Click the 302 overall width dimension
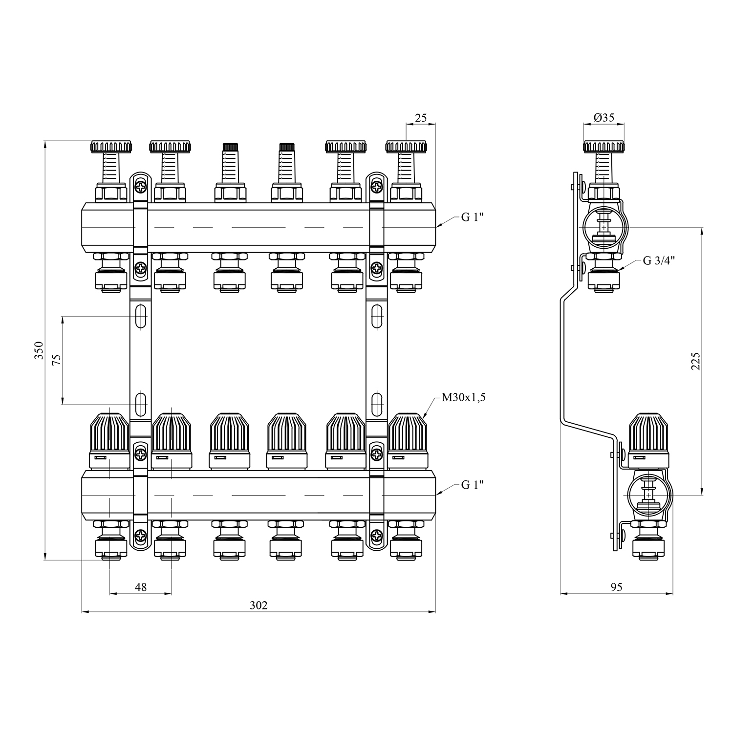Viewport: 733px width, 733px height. (259, 605)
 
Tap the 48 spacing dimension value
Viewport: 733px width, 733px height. (141, 587)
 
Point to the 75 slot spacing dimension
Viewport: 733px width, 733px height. (57, 360)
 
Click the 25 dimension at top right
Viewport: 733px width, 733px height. (421, 118)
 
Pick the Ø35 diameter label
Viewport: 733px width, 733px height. (604, 118)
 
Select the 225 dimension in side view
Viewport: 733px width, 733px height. (696, 361)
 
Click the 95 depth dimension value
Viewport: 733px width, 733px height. (617, 587)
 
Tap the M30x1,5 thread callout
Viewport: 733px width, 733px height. (464, 398)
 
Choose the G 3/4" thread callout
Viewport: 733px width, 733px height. (659, 260)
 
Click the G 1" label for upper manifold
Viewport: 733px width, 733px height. (473, 217)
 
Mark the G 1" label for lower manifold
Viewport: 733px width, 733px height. (473, 485)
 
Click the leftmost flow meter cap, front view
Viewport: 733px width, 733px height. (111, 146)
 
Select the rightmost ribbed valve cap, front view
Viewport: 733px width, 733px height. (408, 433)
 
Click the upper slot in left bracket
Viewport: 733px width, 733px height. (141, 317)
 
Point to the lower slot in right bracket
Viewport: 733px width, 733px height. (377, 404)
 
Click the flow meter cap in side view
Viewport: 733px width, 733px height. (604, 146)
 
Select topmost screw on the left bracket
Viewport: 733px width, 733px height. (141, 187)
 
